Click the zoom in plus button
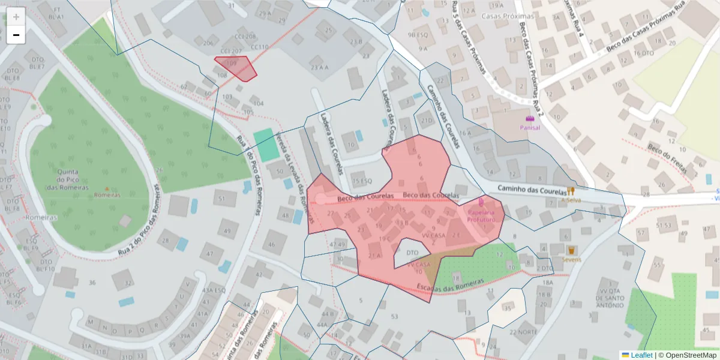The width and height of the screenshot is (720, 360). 16,17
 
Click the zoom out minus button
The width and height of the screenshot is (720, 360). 16,35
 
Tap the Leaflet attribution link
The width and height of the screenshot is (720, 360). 637,355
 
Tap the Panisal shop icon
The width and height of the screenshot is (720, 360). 529,119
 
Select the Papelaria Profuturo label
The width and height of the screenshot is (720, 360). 481,215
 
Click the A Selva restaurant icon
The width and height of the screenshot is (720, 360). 571,191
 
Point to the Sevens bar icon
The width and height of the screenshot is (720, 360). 571,250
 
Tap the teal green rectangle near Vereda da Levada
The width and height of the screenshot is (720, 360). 266,144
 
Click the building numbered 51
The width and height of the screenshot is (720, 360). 223,199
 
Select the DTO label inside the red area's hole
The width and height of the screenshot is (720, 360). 412,253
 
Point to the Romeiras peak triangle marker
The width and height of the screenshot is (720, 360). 107,189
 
